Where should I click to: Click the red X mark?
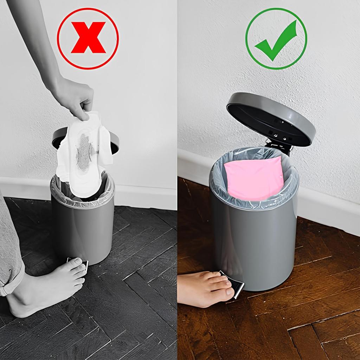coord(88,38)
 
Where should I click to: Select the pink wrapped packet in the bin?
coord(254,178)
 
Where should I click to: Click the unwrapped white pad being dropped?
coord(84,155)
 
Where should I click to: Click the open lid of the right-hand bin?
coord(271,118)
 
